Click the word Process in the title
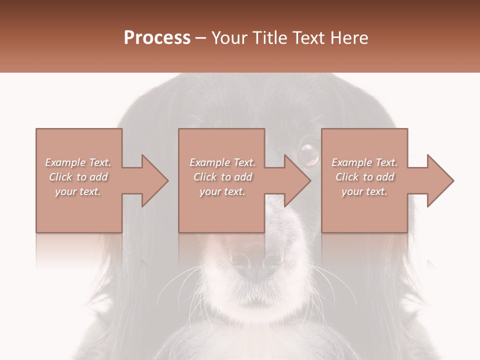click(x=157, y=38)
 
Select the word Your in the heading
click(x=229, y=38)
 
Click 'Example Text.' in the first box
click(x=78, y=162)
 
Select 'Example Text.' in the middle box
click(x=222, y=162)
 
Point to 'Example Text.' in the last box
click(x=364, y=162)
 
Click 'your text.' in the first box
click(x=78, y=191)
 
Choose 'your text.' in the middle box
click(x=222, y=191)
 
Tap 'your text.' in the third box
click(x=364, y=191)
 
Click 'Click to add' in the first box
click(x=78, y=177)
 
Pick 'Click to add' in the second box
click(x=222, y=177)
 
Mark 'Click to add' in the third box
click(x=364, y=177)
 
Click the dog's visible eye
click(x=308, y=154)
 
